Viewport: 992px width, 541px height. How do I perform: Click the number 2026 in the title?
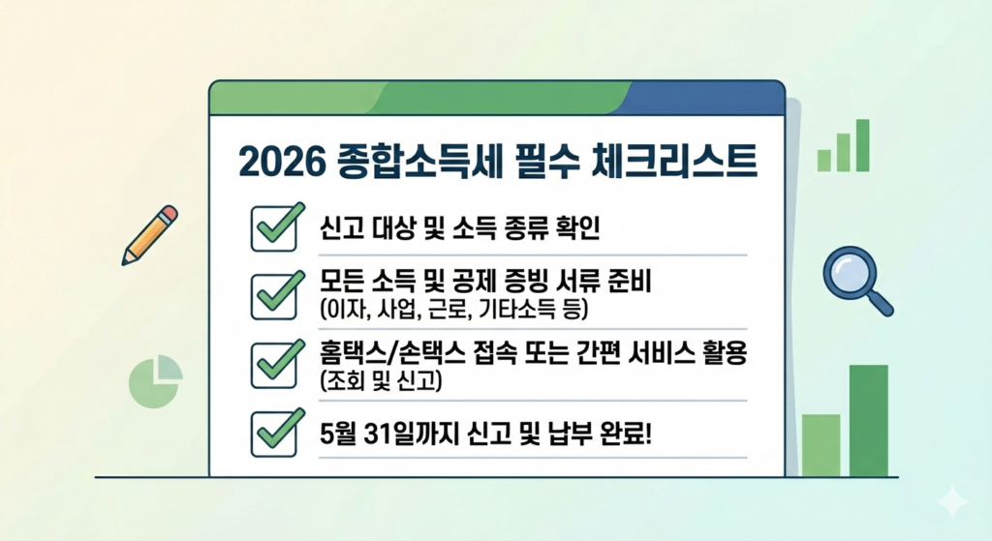click(x=281, y=162)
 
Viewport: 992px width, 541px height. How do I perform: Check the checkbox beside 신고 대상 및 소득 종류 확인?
click(x=274, y=228)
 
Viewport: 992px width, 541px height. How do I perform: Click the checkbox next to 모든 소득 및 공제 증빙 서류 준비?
click(x=274, y=296)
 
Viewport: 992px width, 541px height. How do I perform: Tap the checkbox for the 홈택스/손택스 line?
click(x=274, y=365)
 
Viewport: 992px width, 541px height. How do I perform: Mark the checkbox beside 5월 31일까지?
click(x=274, y=435)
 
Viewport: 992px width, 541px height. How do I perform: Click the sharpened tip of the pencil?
click(x=125, y=261)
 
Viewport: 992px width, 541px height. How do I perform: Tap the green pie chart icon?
click(x=155, y=381)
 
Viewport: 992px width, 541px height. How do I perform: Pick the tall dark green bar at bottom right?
click(x=869, y=420)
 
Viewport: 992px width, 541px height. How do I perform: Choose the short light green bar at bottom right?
click(x=821, y=445)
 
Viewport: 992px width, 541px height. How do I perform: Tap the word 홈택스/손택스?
click(x=391, y=353)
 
